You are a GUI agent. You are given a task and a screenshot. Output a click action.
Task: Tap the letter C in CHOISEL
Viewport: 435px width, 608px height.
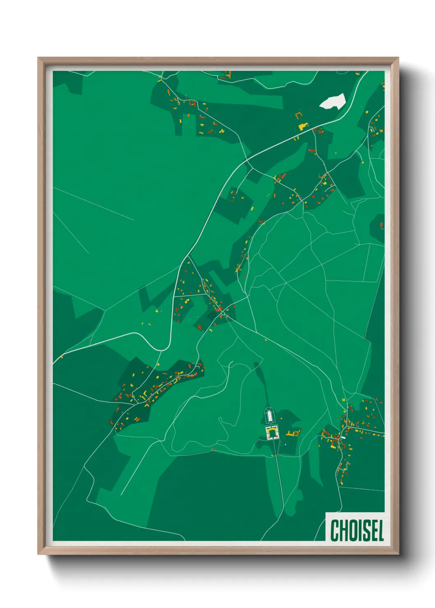(x=334, y=530)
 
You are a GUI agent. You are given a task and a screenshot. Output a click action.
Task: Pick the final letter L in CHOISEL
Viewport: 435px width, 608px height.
(x=380, y=530)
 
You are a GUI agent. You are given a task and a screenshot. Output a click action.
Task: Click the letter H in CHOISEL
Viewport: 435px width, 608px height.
(x=343, y=530)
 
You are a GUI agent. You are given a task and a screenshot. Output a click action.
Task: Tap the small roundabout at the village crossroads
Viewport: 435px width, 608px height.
(x=223, y=313)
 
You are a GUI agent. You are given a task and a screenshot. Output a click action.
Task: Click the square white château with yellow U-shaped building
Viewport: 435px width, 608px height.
(x=272, y=433)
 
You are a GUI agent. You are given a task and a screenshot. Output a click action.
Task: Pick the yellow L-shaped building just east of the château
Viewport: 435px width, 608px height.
(x=292, y=433)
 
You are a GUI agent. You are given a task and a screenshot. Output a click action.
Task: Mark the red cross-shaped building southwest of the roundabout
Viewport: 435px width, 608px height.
(x=200, y=327)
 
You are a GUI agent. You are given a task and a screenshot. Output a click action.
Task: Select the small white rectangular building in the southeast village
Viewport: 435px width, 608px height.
(x=343, y=438)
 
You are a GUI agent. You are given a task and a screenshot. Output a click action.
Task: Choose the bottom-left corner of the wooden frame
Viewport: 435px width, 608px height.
(x=39, y=554)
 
